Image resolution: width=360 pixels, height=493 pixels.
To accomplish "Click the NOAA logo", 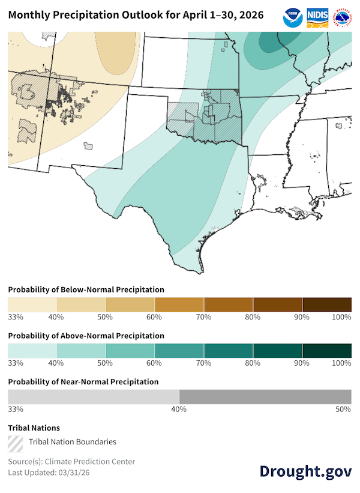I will point(293,16).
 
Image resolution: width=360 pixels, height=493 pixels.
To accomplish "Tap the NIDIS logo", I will point(317,16).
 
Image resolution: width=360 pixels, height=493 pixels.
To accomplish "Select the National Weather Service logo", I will point(342,16).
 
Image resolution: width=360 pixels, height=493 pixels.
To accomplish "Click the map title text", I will point(136,16).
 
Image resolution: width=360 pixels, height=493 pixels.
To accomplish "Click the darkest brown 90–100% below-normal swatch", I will point(327,303).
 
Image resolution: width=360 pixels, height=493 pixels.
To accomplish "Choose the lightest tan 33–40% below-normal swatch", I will point(32,303).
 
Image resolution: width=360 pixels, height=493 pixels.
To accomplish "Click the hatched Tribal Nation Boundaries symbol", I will point(16,442).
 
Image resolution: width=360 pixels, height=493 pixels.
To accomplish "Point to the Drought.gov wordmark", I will point(305,471).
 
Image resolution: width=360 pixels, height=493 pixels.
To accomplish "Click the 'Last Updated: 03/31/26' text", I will point(49,473).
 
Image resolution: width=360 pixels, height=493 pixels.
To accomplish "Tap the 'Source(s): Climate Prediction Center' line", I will point(71,461).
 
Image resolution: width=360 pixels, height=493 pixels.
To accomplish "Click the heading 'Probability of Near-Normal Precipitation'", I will point(83,381).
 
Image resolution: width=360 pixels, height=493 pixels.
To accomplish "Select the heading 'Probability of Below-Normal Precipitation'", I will point(86,289).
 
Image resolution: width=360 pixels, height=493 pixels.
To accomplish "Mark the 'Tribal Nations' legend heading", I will point(34,428).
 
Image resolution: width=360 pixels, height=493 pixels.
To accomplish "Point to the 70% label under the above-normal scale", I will point(204,363).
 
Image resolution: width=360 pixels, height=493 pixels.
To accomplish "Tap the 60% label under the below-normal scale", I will point(155,316).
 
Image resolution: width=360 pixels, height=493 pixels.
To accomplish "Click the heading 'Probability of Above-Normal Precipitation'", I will point(86,336).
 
